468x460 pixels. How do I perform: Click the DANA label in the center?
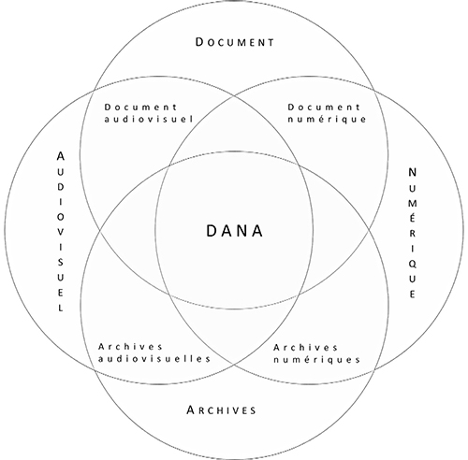click(x=235, y=231)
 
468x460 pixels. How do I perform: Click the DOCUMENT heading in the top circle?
click(x=235, y=42)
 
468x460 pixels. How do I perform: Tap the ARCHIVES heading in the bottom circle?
click(x=221, y=410)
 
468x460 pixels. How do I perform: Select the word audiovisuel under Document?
click(x=149, y=119)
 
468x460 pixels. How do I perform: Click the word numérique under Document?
click(x=327, y=120)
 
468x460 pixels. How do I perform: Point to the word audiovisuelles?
click(x=154, y=359)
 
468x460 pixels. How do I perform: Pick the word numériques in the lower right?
click(x=316, y=360)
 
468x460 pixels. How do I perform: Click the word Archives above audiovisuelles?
click(x=130, y=347)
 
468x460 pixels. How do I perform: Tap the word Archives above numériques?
click(x=305, y=347)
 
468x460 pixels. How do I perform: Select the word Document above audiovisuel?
click(x=140, y=108)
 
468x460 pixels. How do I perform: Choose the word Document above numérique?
click(x=324, y=108)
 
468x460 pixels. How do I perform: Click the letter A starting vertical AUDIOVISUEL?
click(x=61, y=156)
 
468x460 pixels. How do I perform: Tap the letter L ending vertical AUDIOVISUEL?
click(x=61, y=308)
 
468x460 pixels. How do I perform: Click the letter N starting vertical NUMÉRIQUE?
click(x=412, y=172)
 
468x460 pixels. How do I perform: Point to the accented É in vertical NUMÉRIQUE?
click(x=412, y=217)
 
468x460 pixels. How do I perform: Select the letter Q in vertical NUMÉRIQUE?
click(x=412, y=264)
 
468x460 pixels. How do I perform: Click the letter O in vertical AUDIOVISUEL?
click(x=61, y=217)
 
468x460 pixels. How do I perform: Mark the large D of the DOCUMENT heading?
click(x=199, y=42)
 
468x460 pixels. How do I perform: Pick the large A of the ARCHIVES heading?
click(x=191, y=410)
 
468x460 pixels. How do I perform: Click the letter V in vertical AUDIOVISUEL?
click(x=61, y=232)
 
